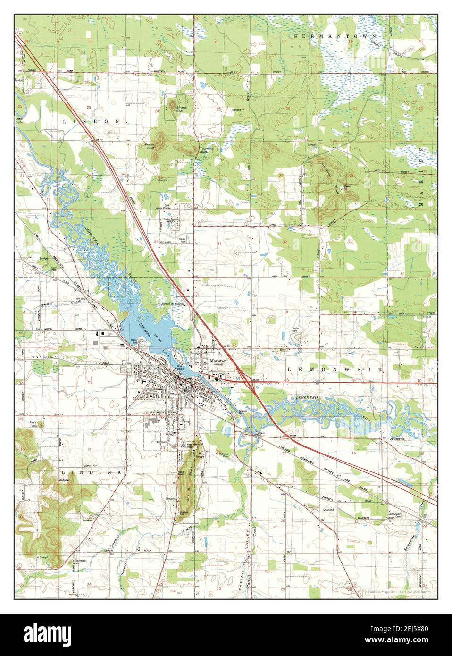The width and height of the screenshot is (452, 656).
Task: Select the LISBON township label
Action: point(90,121)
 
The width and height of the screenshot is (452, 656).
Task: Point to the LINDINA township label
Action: point(91,471)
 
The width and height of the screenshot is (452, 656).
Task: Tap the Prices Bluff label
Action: point(151,144)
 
